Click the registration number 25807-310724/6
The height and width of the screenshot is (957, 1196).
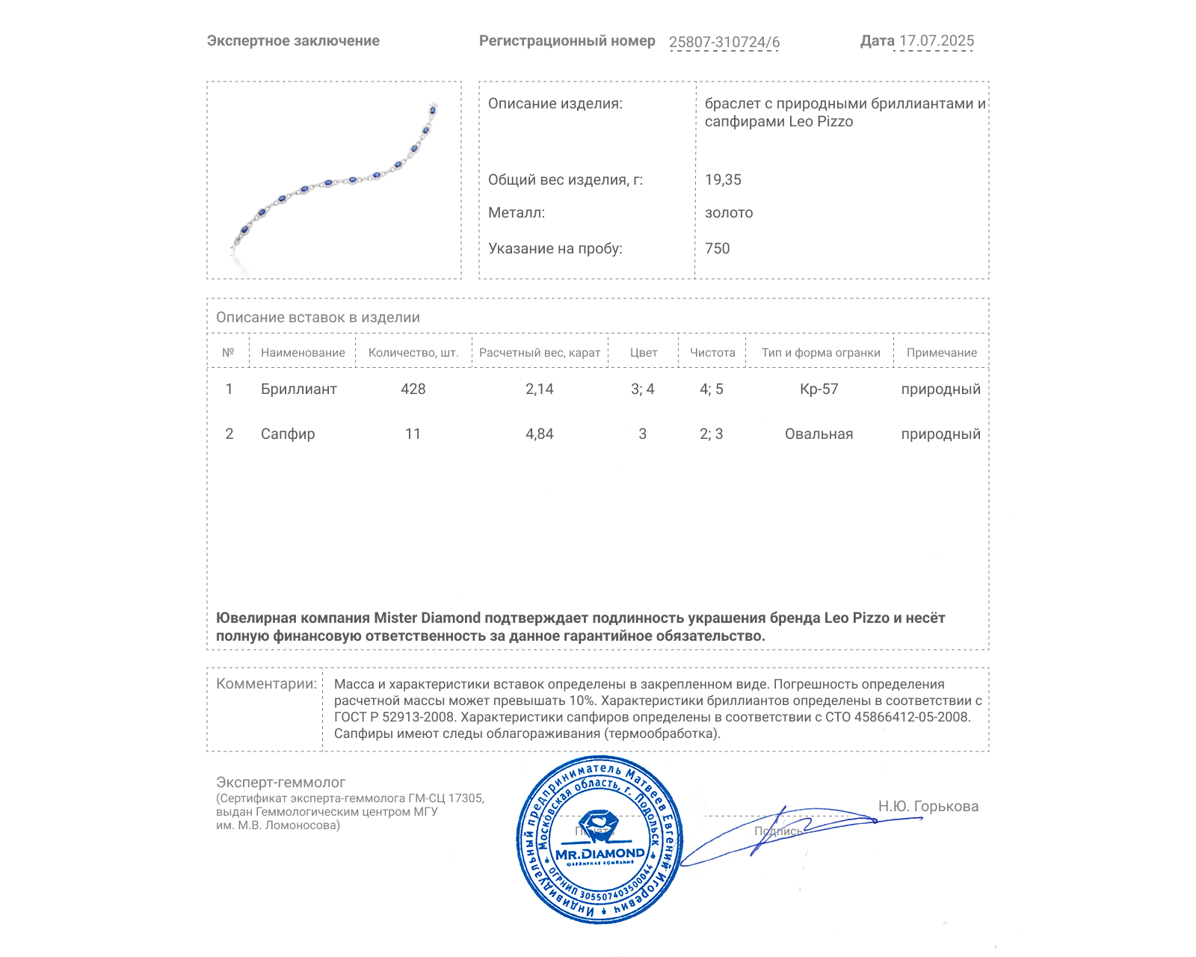(724, 43)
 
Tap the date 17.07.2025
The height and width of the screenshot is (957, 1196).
(936, 41)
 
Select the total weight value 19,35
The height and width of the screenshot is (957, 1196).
(723, 180)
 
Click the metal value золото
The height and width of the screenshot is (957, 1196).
(729, 213)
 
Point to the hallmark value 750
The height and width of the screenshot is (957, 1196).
(717, 249)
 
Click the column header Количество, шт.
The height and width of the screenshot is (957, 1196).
(413, 353)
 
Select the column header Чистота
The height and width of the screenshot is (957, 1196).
(712, 353)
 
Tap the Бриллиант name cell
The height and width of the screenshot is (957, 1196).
(298, 390)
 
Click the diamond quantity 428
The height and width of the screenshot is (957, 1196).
(413, 390)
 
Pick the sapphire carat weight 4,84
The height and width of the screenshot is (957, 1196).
(540, 434)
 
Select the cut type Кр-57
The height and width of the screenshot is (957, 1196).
(819, 390)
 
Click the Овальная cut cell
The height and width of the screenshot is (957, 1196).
(819, 434)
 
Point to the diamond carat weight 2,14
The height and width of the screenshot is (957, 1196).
(540, 390)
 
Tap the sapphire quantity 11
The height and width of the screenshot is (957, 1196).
(413, 434)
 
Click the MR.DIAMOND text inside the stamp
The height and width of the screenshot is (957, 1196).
(599, 854)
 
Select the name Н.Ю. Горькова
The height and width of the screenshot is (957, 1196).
(928, 807)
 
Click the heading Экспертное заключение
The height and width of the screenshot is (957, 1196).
(293, 41)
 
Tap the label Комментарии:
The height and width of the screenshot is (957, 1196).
(266, 684)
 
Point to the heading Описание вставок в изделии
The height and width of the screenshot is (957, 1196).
(318, 318)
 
